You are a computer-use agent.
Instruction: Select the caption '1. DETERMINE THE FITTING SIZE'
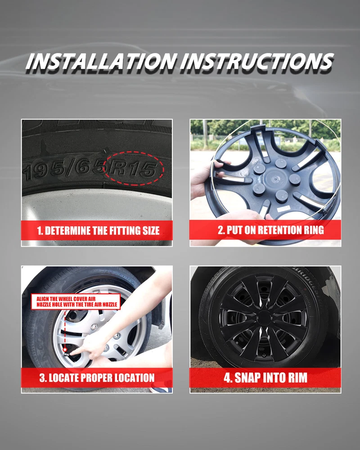click(x=98, y=231)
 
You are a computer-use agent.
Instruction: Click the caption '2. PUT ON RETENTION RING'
click(x=270, y=230)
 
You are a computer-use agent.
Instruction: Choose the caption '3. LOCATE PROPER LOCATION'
click(x=97, y=378)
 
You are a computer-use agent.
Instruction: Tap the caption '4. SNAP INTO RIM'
click(x=265, y=378)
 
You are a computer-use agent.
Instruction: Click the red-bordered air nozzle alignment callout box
click(x=76, y=301)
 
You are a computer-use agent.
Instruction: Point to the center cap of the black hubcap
click(x=264, y=317)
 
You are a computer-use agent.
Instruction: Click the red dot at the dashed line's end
click(x=65, y=350)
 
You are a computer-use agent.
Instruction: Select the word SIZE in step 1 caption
click(x=151, y=231)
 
